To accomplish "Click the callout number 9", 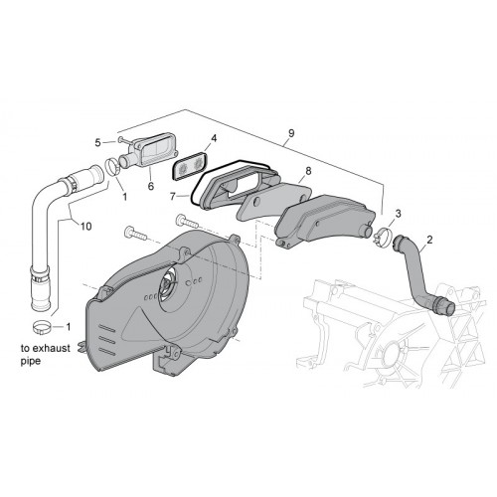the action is click(291, 133).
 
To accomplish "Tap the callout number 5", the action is click(97, 143).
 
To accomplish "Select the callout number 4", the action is click(214, 138).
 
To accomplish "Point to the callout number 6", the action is click(151, 186).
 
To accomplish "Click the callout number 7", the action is click(173, 197).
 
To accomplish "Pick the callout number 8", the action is click(308, 171).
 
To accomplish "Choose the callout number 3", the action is click(398, 214).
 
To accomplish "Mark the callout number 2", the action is click(429, 240).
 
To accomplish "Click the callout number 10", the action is click(85, 227).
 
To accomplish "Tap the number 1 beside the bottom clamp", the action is click(69, 327).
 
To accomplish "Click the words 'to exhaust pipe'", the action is click(46, 355).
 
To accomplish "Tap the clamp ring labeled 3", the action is click(382, 236).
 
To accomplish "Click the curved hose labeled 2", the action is click(420, 274).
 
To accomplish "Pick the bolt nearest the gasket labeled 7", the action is click(187, 221).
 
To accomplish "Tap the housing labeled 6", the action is click(149, 152).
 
